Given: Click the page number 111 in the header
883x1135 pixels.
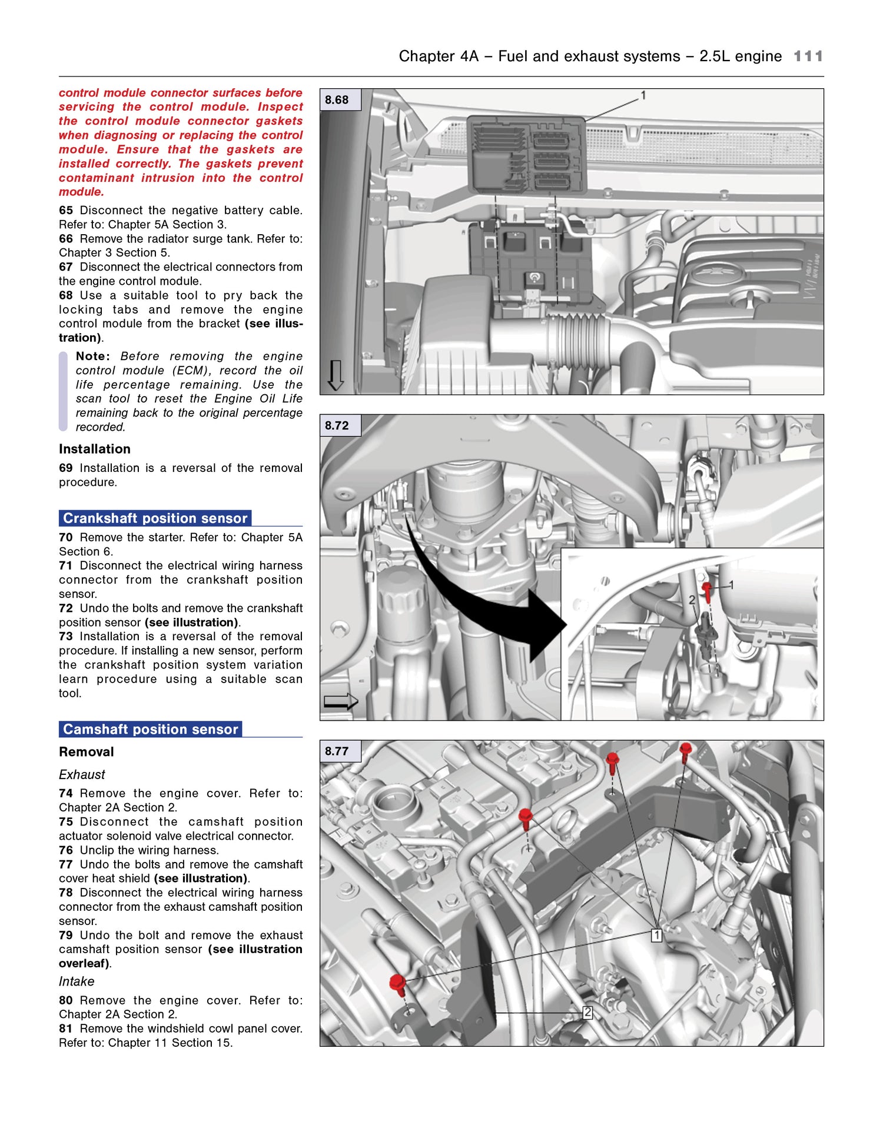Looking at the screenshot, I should pyautogui.click(x=808, y=56).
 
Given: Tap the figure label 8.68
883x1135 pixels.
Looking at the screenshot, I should pyautogui.click(x=337, y=100).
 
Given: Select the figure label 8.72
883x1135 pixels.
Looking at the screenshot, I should pyautogui.click(x=337, y=425).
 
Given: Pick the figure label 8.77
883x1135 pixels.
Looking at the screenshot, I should pyautogui.click(x=337, y=751).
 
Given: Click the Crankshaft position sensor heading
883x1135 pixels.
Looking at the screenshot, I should pyautogui.click(x=155, y=518).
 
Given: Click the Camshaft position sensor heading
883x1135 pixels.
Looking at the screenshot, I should pyautogui.click(x=150, y=730).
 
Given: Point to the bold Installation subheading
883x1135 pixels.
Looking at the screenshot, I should pyautogui.click(x=95, y=449).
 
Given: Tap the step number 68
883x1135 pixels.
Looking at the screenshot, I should pyautogui.click(x=66, y=295).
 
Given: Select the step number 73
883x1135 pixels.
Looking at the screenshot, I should pyautogui.click(x=66, y=637).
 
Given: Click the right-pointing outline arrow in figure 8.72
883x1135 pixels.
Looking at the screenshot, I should pyautogui.click(x=341, y=701).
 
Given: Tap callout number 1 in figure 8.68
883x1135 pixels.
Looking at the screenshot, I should pyautogui.click(x=643, y=95).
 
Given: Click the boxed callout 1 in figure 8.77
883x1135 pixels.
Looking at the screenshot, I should pyautogui.click(x=657, y=935).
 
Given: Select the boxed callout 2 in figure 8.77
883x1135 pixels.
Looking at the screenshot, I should pyautogui.click(x=587, y=1013).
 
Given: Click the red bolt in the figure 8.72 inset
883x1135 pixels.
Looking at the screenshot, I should pyautogui.click(x=707, y=590).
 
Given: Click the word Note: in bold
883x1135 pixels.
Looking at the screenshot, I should pyautogui.click(x=92, y=357).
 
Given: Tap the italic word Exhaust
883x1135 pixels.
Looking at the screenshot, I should pyautogui.click(x=82, y=775).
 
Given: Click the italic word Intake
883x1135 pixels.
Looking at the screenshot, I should pyautogui.click(x=77, y=981).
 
